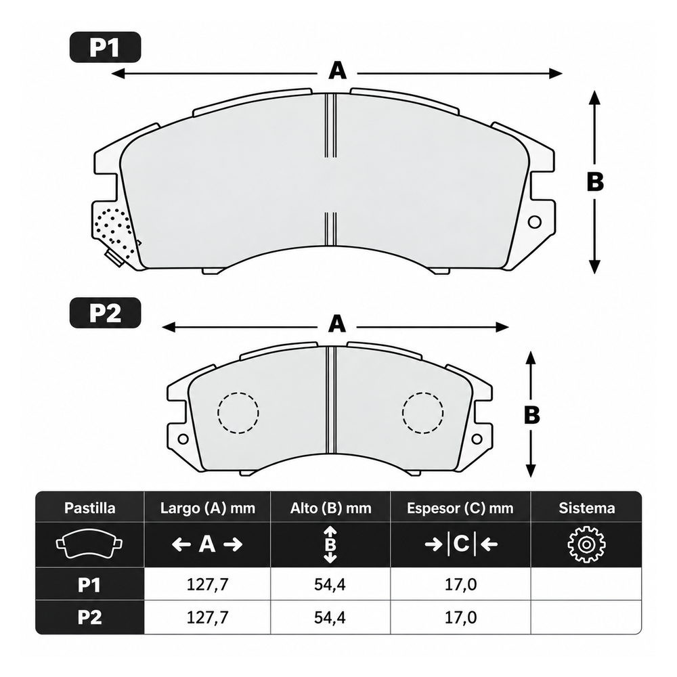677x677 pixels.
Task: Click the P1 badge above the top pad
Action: tap(106, 47)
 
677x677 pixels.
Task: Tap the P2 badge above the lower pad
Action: tap(106, 313)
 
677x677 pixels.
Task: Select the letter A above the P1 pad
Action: tap(337, 71)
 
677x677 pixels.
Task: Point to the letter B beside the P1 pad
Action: tap(595, 182)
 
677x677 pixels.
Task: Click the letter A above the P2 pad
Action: tap(337, 324)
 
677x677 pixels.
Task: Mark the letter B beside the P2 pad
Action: tap(531, 416)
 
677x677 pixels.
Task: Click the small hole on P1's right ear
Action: tap(535, 222)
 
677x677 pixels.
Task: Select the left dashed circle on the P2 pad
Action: tap(238, 413)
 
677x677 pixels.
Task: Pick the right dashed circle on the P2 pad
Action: tap(422, 413)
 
